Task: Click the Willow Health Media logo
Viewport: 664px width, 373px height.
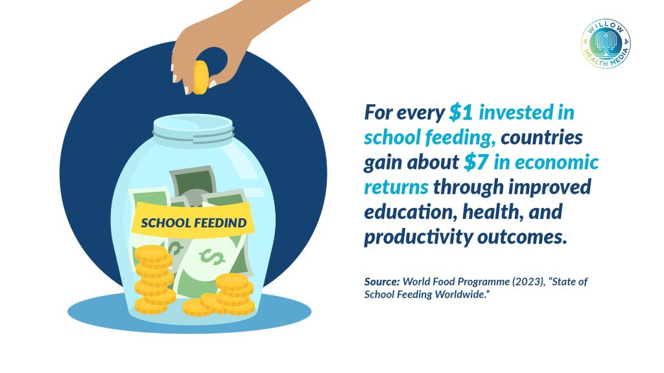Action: coord(606,43)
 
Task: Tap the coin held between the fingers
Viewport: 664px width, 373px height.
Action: coord(200,77)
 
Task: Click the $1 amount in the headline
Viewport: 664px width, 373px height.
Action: coord(461,113)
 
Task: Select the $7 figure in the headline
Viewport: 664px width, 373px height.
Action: coord(476,163)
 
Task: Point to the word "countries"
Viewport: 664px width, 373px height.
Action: coord(541,137)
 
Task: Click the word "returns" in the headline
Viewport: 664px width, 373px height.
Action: coord(396,187)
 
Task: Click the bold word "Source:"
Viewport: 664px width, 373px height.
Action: coord(381,282)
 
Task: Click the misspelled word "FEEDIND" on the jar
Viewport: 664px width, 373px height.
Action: coord(220,223)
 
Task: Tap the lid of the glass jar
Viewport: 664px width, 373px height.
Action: coord(193,128)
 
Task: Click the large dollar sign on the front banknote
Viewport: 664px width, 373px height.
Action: coord(212,256)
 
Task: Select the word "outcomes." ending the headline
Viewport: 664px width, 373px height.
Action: coord(522,237)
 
